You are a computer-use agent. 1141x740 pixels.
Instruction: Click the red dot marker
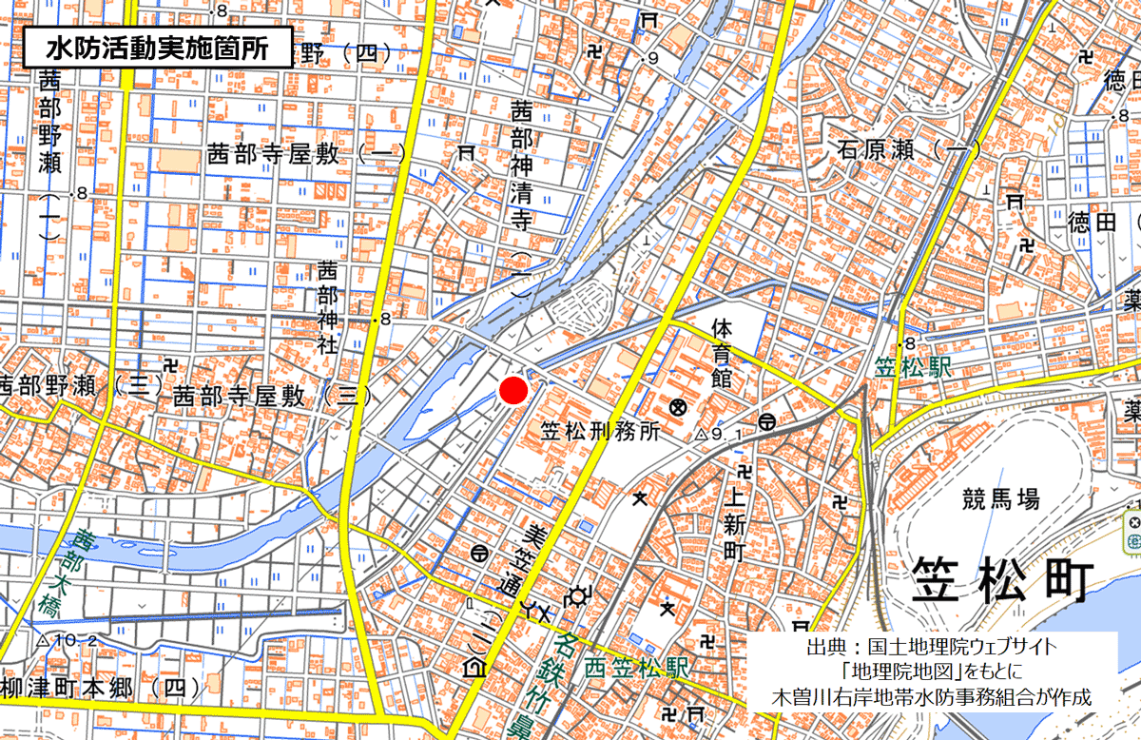tap(513, 391)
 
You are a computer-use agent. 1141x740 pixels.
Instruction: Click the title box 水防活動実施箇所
tap(157, 45)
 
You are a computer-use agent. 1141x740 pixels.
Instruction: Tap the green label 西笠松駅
tap(636, 667)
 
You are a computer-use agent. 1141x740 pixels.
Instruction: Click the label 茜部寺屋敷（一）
tap(306, 154)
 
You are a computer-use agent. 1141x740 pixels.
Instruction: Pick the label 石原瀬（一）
tap(909, 148)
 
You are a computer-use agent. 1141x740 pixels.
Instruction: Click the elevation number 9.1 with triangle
tap(720, 435)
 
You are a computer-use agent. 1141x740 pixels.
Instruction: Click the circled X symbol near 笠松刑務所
tap(678, 407)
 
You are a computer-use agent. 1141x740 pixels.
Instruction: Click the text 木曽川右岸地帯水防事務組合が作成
tap(931, 696)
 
